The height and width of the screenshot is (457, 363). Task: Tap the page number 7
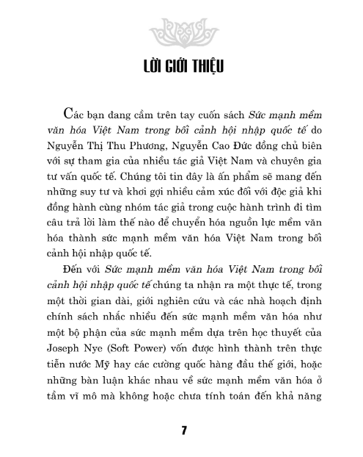coord(181,429)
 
